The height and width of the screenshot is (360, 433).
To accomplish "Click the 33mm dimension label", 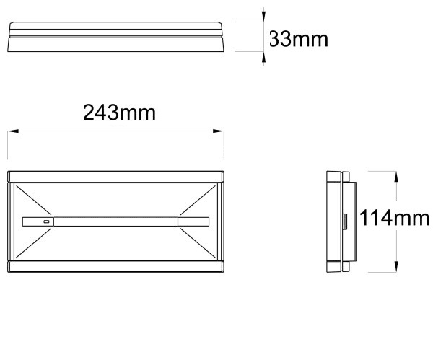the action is pos(299,39).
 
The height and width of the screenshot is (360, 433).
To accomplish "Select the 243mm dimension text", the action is pos(119,113).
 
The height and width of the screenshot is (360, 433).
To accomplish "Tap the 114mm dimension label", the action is pos(394,218).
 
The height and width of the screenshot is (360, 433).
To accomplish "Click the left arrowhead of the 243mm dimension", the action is pos(13,131).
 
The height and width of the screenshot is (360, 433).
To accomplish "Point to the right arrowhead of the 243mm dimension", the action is pos(218,131).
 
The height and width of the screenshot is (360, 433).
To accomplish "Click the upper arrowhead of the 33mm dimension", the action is pos(263,16).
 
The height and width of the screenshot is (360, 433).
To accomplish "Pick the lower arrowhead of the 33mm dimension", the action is pos(263,57).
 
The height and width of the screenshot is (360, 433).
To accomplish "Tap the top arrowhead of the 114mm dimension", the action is pos(396,177).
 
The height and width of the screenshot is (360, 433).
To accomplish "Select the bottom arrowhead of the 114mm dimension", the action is pos(396,267).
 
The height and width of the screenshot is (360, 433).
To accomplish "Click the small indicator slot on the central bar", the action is pos(46,221).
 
